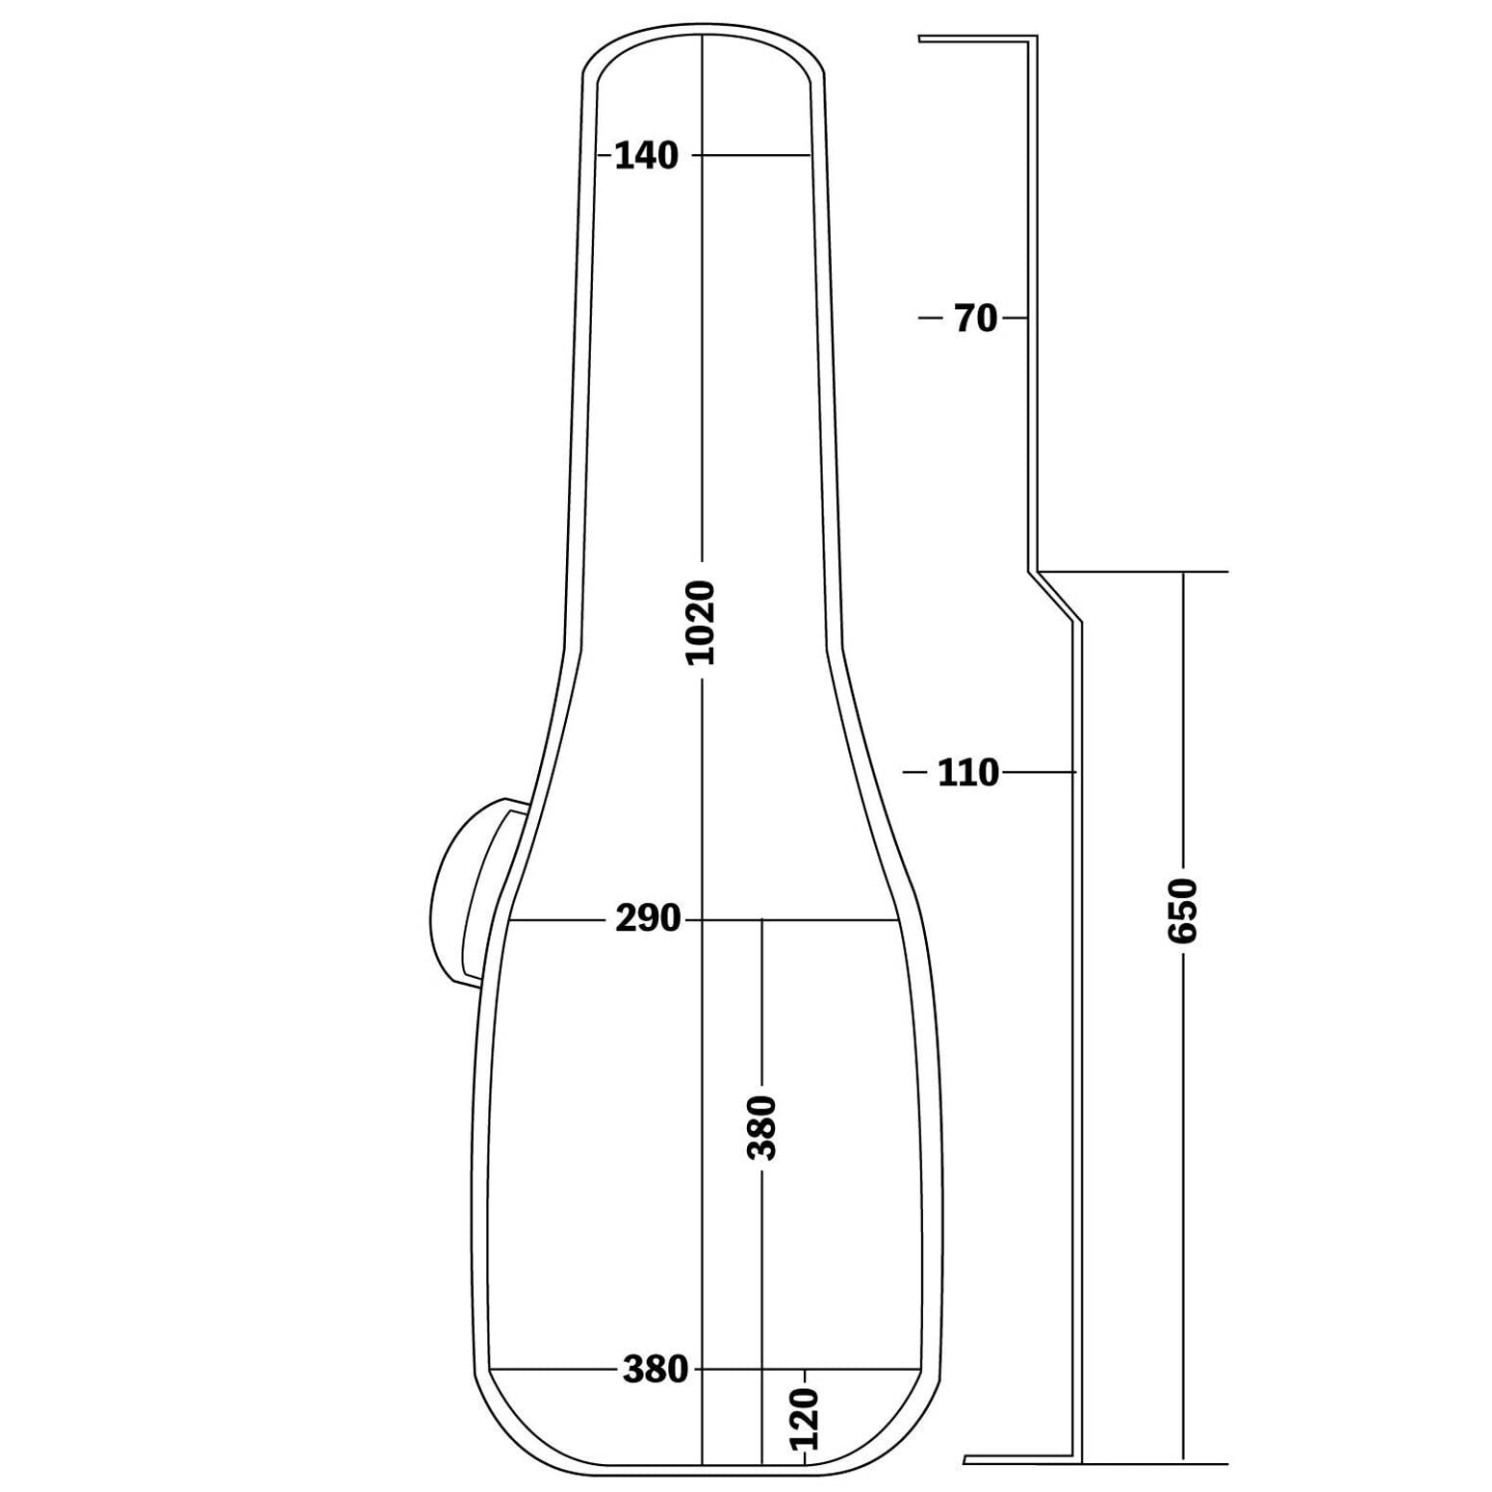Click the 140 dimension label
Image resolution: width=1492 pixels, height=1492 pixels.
click(x=646, y=155)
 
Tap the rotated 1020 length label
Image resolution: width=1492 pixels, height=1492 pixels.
click(x=702, y=623)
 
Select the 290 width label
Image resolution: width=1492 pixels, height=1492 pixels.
click(x=648, y=919)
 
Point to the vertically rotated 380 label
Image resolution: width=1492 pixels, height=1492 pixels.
click(x=762, y=1127)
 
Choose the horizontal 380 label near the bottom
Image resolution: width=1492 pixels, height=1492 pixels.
click(x=656, y=1369)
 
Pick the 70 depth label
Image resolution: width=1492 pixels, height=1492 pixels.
click(x=976, y=318)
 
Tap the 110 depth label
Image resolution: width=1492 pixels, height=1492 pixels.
click(x=968, y=772)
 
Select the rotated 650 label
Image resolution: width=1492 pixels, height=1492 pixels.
click(x=1182, y=911)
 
